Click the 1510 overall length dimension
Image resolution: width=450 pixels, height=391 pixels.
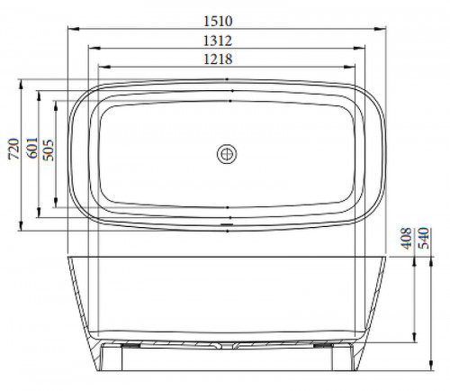pyautogui.click(x=218, y=21)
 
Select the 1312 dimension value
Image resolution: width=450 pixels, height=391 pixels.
pyautogui.click(x=218, y=41)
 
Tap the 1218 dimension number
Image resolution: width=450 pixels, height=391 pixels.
pyautogui.click(x=218, y=59)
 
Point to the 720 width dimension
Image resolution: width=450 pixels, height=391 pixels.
pyautogui.click(x=13, y=149)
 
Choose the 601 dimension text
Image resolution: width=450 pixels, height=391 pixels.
pyautogui.click(x=32, y=148)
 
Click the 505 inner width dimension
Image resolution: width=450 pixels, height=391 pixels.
pyautogui.click(x=48, y=150)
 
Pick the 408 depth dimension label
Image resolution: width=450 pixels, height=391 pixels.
pyautogui.click(x=407, y=239)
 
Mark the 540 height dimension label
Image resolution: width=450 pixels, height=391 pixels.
pyautogui.click(x=424, y=239)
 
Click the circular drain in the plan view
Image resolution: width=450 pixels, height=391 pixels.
pyautogui.click(x=227, y=154)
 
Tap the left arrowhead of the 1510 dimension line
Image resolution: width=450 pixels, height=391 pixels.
pyautogui.click(x=74, y=29)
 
